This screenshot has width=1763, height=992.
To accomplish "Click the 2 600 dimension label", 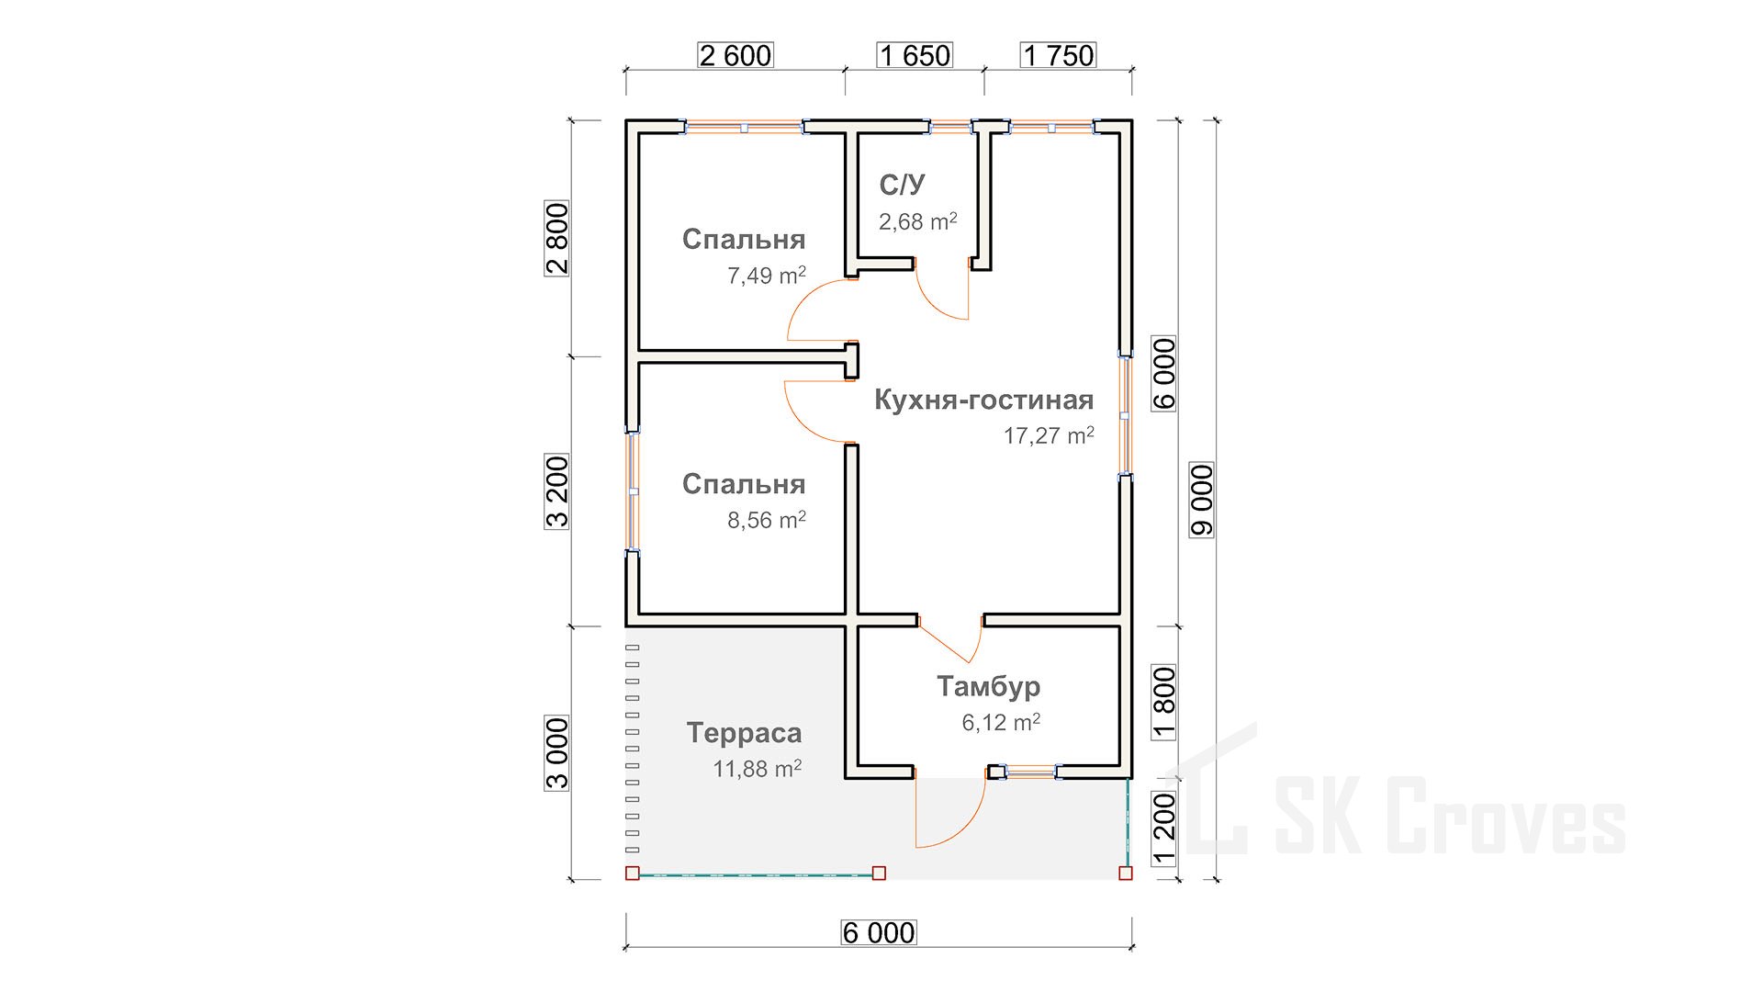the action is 736,55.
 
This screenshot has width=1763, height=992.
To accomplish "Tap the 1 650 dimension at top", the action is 915,55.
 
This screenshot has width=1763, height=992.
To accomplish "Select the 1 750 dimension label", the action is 1058,55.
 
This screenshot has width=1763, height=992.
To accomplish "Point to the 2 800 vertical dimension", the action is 557,239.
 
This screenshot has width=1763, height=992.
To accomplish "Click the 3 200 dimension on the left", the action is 557,491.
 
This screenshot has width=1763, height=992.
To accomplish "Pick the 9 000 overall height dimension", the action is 1202,500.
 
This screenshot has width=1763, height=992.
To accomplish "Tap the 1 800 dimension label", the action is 1163,703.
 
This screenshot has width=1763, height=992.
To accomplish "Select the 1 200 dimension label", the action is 1163,829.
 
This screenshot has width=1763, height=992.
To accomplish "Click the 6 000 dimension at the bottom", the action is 879,932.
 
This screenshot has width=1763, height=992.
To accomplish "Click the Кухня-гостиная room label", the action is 983,400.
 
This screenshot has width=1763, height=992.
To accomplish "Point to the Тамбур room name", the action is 988,686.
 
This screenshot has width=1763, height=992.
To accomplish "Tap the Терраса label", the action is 744,733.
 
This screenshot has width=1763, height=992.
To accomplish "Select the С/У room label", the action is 902,185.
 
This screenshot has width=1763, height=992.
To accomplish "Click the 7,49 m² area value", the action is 767,275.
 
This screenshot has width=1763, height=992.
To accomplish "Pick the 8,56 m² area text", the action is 767,520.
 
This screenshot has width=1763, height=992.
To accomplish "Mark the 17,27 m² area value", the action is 1049,435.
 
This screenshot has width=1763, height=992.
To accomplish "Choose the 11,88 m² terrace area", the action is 758,768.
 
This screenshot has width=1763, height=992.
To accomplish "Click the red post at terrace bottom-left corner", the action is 632,873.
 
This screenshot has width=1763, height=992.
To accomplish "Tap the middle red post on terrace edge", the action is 879,873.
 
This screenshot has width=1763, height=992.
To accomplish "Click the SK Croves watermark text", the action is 1450,816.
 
